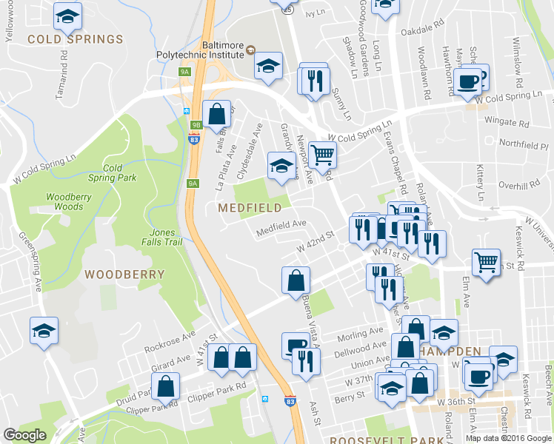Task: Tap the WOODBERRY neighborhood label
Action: click(x=124, y=274)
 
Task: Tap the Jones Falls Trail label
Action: click(x=162, y=237)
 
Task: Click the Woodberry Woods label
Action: click(x=64, y=201)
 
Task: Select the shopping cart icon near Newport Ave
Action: click(x=323, y=155)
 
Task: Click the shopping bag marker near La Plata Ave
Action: click(x=216, y=115)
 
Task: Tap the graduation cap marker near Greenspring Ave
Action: click(x=44, y=331)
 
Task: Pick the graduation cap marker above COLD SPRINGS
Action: click(x=68, y=15)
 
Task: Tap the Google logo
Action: click(x=24, y=435)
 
